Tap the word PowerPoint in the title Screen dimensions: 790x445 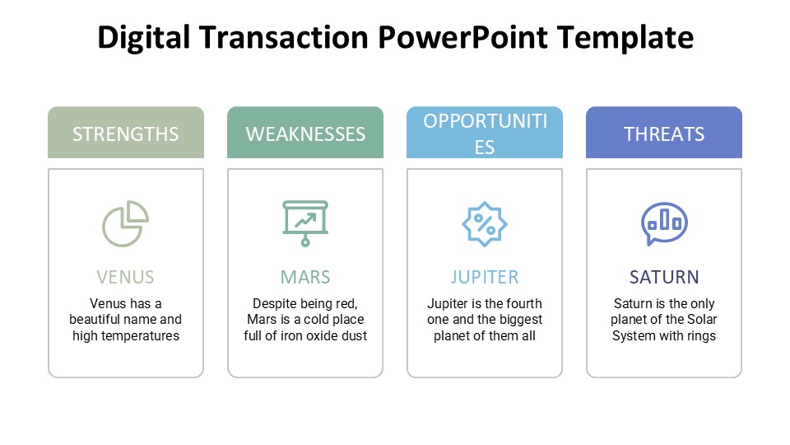462,37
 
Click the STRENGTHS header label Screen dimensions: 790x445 125,134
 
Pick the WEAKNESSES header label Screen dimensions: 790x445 305,134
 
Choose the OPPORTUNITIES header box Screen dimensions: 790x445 485,132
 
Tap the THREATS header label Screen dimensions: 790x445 664,134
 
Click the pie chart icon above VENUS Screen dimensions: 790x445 125,223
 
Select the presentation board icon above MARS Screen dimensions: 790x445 305,223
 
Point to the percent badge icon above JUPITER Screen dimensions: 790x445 485,224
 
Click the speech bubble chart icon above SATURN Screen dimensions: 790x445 664,224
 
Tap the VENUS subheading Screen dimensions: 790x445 125,277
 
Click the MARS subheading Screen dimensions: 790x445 305,277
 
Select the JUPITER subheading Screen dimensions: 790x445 485,277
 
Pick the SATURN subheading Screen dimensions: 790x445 664,277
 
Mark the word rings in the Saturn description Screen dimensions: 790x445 702,336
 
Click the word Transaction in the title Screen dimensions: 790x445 284,37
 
